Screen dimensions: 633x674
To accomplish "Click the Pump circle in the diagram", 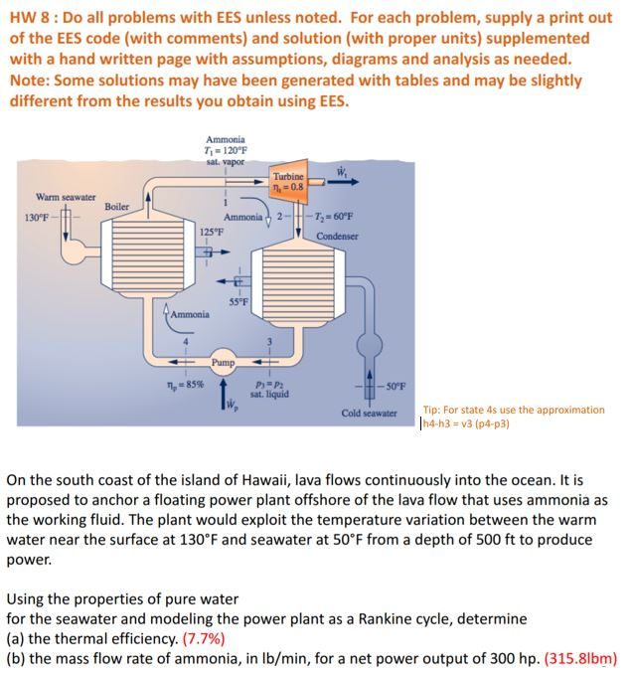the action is (x=223, y=362).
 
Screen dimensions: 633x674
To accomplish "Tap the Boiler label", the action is (x=117, y=207).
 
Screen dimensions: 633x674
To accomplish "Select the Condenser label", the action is (x=337, y=236).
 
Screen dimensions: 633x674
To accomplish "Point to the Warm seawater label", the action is (x=66, y=197).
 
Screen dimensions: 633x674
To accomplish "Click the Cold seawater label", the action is (x=369, y=414).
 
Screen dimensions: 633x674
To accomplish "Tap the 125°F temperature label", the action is (x=212, y=232).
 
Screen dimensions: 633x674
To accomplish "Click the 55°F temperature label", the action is (x=238, y=302).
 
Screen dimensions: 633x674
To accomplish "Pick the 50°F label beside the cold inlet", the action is (x=396, y=386).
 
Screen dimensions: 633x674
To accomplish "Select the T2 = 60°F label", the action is (x=334, y=216).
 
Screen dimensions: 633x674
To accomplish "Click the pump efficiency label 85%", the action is (x=186, y=385).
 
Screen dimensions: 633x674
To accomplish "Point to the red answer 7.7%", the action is (x=204, y=639).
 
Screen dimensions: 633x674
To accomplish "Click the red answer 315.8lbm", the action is (x=580, y=658).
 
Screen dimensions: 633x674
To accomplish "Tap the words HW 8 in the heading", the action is (x=34, y=18).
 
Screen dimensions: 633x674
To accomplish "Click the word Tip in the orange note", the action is (x=430, y=411).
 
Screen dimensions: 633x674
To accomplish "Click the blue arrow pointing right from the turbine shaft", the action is (x=343, y=182).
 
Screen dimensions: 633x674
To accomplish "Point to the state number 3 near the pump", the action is (x=270, y=342).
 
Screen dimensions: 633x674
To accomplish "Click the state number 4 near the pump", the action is (x=186, y=342).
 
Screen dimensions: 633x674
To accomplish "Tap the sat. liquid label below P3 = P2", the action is (x=270, y=395).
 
